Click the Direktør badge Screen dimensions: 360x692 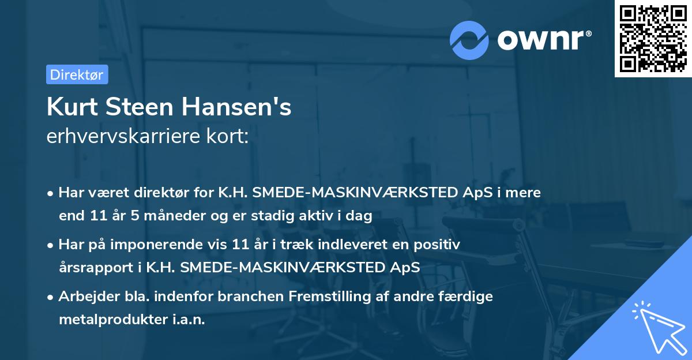point(77,74)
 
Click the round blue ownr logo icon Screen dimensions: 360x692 point(469,40)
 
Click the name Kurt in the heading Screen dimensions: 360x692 point(69,107)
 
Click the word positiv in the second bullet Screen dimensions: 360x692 point(438,245)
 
